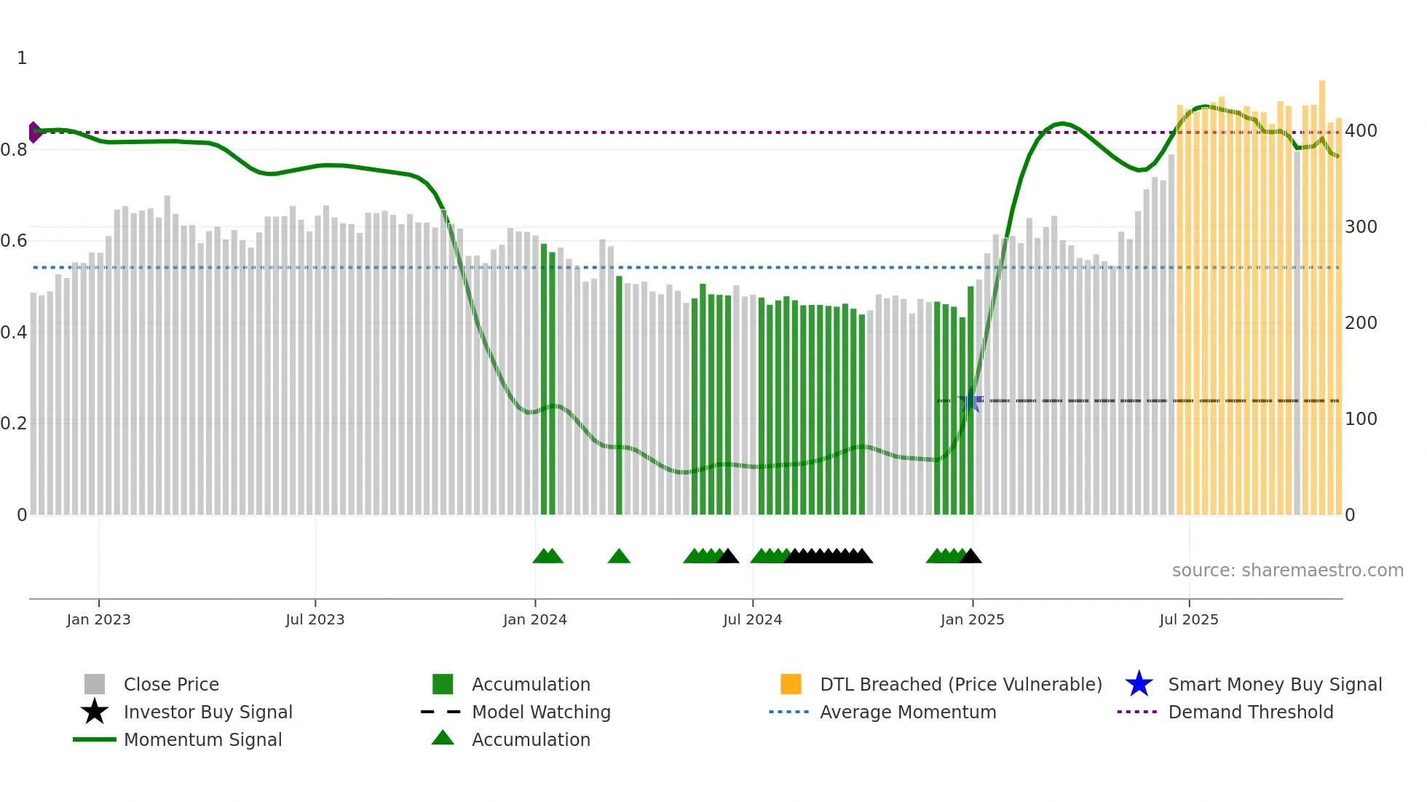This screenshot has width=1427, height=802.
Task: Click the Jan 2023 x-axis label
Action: [98, 619]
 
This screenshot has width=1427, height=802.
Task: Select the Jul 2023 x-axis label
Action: [315, 619]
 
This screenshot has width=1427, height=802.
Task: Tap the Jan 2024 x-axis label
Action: [534, 619]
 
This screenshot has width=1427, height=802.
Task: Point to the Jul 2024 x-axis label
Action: [752, 619]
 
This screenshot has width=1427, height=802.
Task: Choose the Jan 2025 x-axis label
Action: [972, 619]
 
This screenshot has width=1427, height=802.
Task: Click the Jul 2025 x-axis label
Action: [1188, 619]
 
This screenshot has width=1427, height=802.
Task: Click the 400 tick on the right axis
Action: [1361, 131]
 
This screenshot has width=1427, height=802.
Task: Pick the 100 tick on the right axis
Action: [1361, 419]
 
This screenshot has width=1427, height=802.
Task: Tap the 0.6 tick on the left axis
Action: [14, 241]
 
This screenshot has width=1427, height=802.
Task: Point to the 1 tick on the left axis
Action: [22, 58]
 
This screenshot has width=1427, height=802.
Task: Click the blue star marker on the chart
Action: [970, 401]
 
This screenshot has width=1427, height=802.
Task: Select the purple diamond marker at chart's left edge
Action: [34, 132]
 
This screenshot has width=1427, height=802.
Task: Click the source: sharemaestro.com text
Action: [1287, 571]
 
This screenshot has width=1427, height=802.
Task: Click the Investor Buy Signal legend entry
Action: [207, 712]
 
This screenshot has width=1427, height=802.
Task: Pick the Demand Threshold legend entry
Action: [1250, 712]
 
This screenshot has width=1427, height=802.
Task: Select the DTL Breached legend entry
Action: [960, 685]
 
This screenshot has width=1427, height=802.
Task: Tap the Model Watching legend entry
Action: [541, 712]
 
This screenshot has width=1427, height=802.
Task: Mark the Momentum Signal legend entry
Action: [202, 740]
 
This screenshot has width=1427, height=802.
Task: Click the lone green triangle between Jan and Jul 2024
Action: [619, 557]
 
